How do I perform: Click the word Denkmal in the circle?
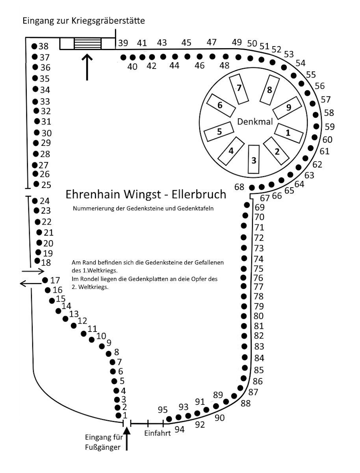(x=255, y=122)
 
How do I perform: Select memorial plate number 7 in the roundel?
(x=239, y=89)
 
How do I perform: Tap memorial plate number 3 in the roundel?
(x=254, y=159)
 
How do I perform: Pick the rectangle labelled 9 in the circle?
(x=287, y=108)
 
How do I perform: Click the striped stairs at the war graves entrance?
(x=87, y=43)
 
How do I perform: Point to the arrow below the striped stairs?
(x=87, y=67)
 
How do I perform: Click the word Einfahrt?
(x=157, y=433)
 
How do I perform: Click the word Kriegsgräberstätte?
(x=108, y=21)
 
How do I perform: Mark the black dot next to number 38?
(x=34, y=46)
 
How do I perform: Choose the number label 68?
(x=239, y=187)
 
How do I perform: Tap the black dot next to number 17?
(x=45, y=280)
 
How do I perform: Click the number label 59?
(x=329, y=127)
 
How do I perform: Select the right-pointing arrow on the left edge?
(x=33, y=271)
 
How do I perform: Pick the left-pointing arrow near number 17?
(x=31, y=283)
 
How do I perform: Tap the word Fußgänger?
(x=102, y=448)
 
